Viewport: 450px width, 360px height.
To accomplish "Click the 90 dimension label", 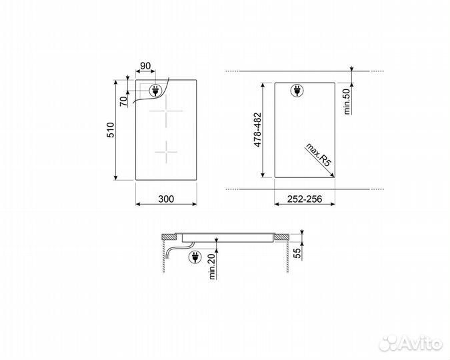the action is (x=145, y=66).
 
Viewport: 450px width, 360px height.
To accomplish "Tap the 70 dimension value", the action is (x=123, y=101).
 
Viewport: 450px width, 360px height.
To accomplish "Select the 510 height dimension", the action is (x=111, y=130).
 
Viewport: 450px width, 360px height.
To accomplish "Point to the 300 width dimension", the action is (x=166, y=199).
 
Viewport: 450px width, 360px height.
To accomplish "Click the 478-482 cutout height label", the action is (x=258, y=130).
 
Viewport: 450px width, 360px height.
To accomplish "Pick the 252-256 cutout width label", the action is (x=305, y=199).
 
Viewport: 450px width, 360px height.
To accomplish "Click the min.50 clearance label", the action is (x=347, y=101).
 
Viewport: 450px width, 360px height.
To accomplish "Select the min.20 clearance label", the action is (x=213, y=267).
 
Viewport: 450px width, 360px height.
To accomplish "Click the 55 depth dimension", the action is (x=298, y=253).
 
